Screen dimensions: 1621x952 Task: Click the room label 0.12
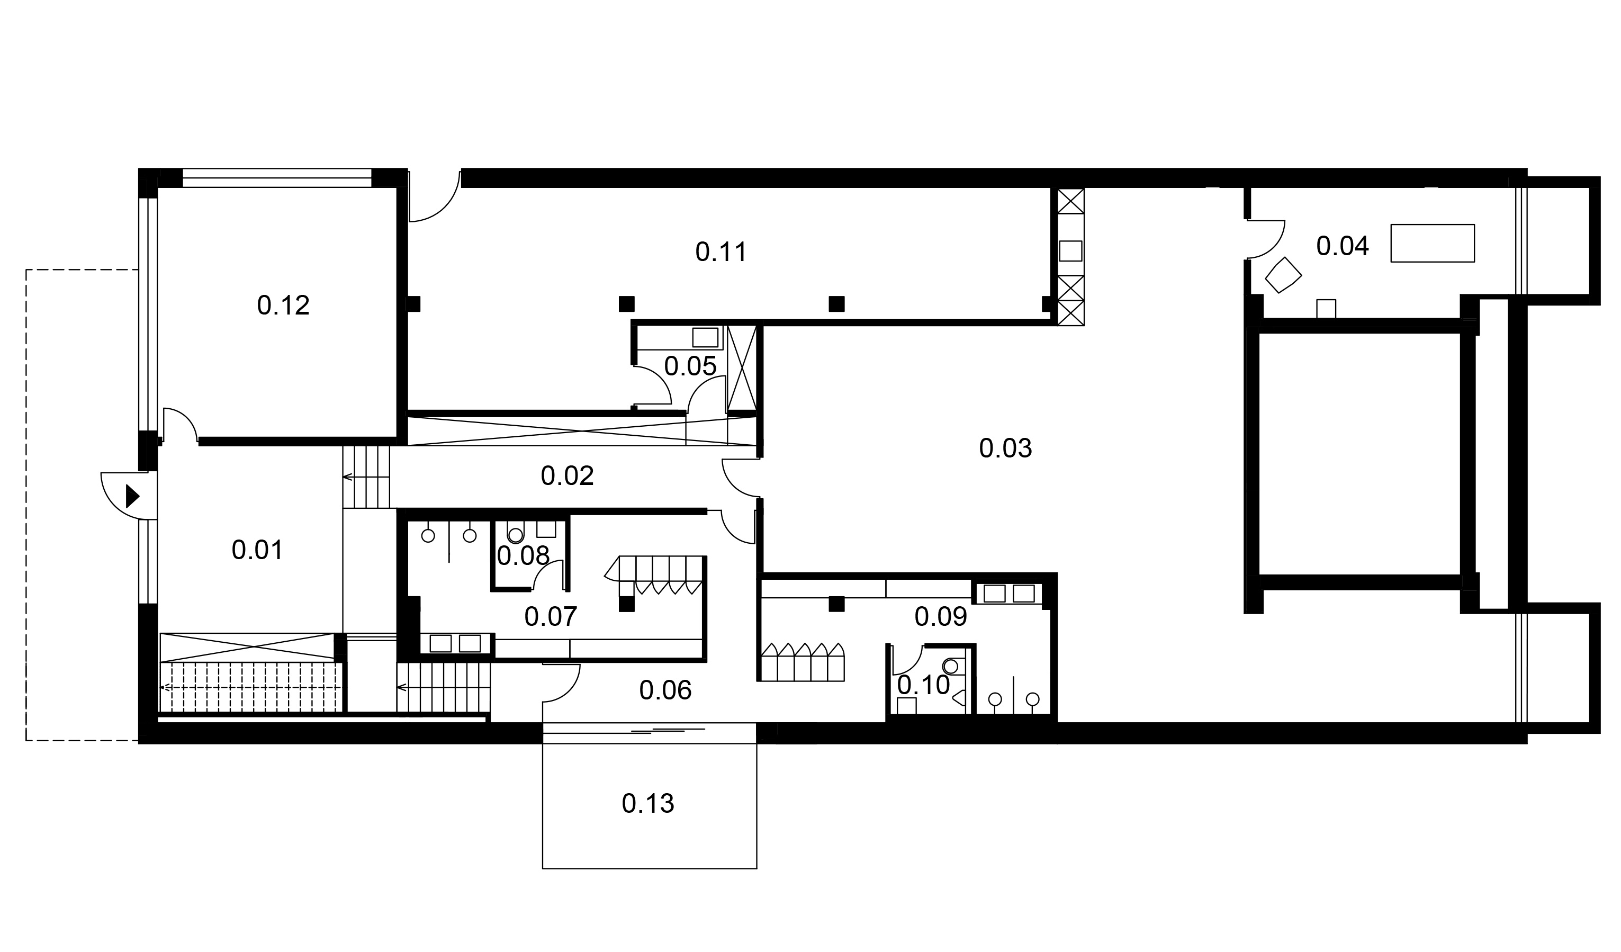(283, 306)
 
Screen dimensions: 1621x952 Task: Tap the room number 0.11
(721, 252)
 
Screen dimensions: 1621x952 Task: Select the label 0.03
(1005, 448)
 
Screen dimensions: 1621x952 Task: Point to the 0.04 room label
(1343, 246)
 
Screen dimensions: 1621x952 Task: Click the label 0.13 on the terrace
(648, 804)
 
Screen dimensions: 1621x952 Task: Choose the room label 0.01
(257, 551)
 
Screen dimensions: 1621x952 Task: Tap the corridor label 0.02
(566, 476)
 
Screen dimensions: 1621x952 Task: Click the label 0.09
(940, 617)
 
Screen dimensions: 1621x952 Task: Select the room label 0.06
(665, 691)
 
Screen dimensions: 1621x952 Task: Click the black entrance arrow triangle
(132, 496)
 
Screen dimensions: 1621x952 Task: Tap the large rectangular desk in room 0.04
(1433, 243)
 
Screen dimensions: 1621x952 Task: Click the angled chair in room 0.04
(1283, 275)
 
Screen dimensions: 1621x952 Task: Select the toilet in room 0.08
(515, 535)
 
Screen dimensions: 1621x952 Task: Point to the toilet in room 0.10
(951, 667)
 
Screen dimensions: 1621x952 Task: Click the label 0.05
(690, 366)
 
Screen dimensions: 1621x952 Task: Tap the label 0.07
(551, 617)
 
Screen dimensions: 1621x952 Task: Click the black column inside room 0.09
(836, 604)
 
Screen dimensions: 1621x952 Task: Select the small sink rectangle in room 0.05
(705, 338)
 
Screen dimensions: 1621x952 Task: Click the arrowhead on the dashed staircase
(165, 688)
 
